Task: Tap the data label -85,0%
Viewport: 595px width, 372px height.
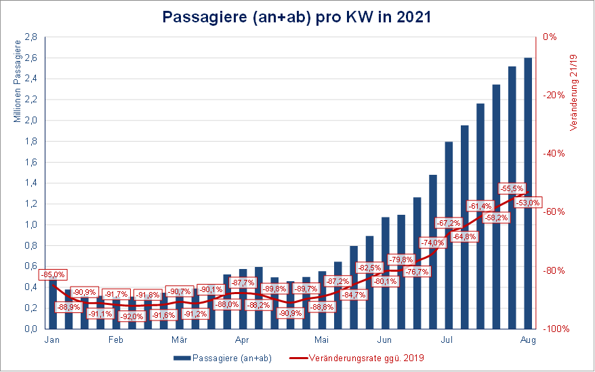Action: (x=53, y=274)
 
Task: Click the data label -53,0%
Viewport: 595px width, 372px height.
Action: (x=528, y=202)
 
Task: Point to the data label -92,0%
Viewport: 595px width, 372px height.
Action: (x=131, y=316)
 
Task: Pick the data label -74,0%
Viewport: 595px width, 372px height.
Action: (x=432, y=243)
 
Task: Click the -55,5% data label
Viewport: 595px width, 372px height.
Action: (x=512, y=188)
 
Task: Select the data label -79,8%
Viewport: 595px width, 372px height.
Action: (x=401, y=260)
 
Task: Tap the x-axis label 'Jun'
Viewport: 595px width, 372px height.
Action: (x=384, y=340)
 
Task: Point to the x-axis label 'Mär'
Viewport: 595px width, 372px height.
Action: (x=179, y=340)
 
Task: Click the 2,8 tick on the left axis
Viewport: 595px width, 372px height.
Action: (x=30, y=37)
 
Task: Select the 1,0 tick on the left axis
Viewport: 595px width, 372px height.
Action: (x=30, y=225)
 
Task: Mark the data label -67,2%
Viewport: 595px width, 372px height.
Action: (x=449, y=222)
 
